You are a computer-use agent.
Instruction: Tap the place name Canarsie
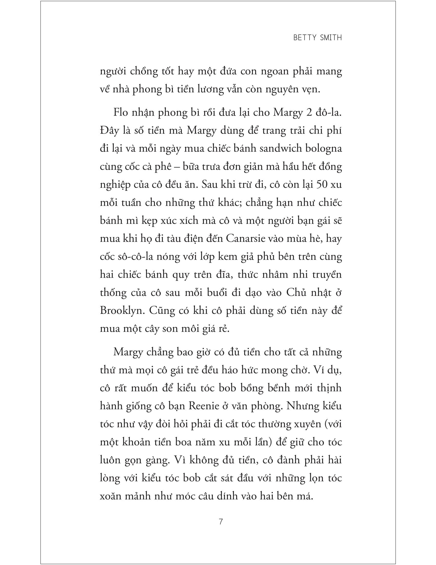coord(246,238)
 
